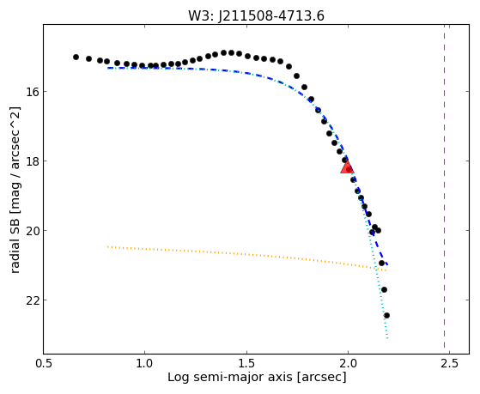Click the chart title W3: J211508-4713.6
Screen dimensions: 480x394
pos(256,15)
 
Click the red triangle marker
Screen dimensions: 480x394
pos(347,167)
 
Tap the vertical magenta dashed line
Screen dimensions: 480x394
pos(444,189)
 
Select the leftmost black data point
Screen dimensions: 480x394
pos(76,57)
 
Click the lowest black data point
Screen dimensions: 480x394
pos(386,315)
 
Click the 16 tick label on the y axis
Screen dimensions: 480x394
pos(32,92)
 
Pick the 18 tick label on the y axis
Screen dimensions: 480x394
pos(32,161)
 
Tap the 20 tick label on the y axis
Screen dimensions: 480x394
pos(32,231)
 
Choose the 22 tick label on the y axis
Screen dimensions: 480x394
pos(32,300)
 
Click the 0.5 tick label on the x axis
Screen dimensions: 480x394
pos(44,363)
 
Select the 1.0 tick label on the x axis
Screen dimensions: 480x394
pos(144,363)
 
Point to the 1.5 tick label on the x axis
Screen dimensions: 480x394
pos(246,363)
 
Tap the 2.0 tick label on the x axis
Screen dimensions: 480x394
pos(348,363)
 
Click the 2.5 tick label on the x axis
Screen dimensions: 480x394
pos(450,363)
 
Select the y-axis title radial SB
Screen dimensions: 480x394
pos(15,238)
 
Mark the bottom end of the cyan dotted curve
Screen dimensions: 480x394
pos(387,338)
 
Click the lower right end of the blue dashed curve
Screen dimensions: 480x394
pos(387,264)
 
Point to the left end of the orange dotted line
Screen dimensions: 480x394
pos(107,246)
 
